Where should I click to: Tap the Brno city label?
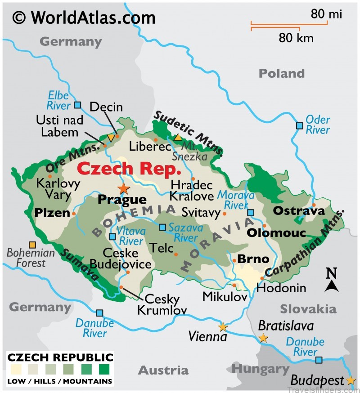click(253, 259)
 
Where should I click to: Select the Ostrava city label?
click(292, 210)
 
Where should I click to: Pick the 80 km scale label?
click(296, 38)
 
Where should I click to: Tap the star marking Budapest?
click(351, 380)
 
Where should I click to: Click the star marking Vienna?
click(222, 327)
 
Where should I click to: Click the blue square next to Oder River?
click(299, 125)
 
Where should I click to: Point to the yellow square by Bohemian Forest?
click(32, 245)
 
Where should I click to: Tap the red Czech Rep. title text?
click(129, 170)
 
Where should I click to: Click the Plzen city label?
click(51, 213)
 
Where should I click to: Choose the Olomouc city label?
click(276, 233)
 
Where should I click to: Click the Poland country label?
click(281, 73)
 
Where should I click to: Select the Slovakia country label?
click(308, 309)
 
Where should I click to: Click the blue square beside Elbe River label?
click(77, 105)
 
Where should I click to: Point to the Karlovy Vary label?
click(58, 189)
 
